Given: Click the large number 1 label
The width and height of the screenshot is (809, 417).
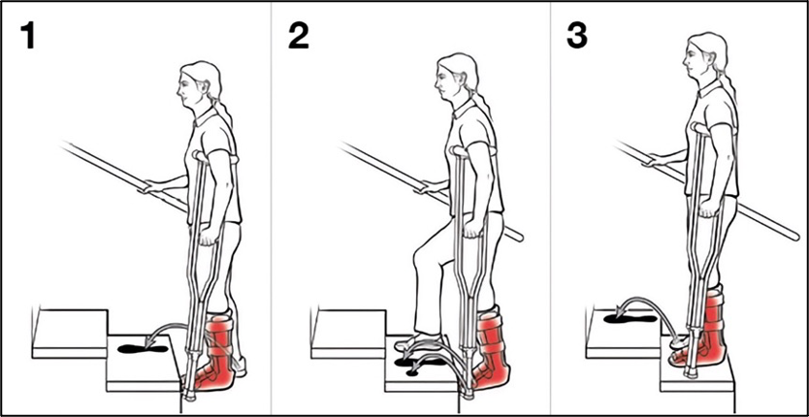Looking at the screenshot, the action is tap(27, 36).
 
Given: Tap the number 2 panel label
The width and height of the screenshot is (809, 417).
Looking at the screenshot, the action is tap(299, 36).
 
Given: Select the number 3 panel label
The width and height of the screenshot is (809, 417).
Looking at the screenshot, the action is tap(577, 36).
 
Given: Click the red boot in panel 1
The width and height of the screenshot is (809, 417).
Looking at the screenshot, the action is tap(216, 352).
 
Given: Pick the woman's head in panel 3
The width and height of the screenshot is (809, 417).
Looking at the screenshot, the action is tap(704, 55).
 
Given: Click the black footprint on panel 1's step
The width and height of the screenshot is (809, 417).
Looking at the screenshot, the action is tap(143, 349).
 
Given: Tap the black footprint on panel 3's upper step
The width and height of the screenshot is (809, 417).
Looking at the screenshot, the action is tap(630, 319).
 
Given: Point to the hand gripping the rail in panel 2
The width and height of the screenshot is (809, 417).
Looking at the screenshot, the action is tap(427, 186).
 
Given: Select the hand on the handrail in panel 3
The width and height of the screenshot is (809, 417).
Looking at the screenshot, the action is tap(654, 158).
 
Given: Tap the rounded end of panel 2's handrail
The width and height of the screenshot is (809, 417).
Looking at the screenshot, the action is tap(518, 238).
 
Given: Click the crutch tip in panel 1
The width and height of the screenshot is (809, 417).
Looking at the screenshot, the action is tap(189, 396).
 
